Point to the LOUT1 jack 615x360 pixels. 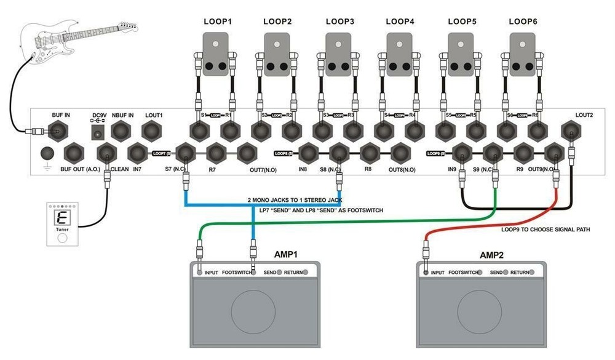tap(152, 131)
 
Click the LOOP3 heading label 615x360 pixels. tap(339, 22)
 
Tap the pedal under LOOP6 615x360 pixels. tap(523, 55)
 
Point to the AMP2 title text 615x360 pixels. tap(495, 254)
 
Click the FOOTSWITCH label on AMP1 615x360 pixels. tap(236, 272)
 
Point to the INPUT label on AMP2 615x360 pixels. tap(437, 272)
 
